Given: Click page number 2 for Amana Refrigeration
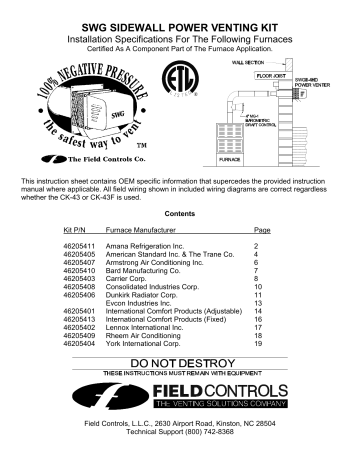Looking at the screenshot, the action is pyautogui.click(x=257, y=245).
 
